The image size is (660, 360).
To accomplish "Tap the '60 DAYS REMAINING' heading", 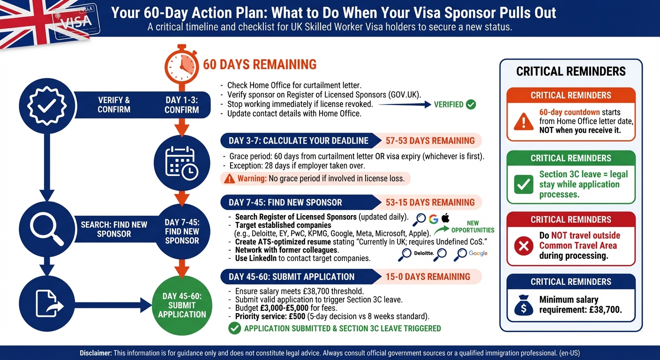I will click(x=260, y=64).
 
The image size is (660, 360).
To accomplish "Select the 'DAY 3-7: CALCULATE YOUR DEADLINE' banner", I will click(x=298, y=141).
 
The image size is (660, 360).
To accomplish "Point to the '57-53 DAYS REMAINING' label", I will click(x=430, y=141).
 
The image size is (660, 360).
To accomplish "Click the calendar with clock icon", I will click(x=182, y=163).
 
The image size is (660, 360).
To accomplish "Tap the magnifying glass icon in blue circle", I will click(x=47, y=229).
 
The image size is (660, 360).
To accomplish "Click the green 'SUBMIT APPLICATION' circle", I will click(x=182, y=305).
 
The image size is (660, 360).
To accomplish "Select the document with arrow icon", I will click(x=47, y=303).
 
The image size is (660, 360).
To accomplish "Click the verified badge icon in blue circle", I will click(x=47, y=105).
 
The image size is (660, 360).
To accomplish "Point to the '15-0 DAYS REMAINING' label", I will click(x=427, y=277).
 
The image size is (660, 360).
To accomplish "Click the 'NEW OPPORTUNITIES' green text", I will click(x=472, y=227).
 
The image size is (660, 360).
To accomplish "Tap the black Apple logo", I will click(x=445, y=218).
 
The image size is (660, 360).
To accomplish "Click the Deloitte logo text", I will click(x=424, y=254).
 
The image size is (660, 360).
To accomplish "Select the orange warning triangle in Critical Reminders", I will click(x=523, y=121).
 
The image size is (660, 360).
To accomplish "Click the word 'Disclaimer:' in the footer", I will click(x=96, y=352).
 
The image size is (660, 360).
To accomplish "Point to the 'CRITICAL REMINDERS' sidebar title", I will click(x=570, y=71).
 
